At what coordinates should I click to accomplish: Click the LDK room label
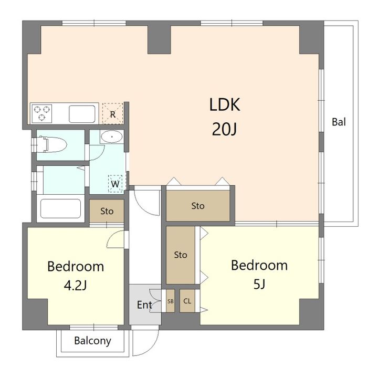pyautogui.click(x=225, y=104)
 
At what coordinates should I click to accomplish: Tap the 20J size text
pyautogui.click(x=225, y=129)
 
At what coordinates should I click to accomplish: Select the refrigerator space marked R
pyautogui.click(x=112, y=113)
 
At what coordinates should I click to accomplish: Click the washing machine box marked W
pyautogui.click(x=115, y=184)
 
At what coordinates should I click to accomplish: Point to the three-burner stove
pyautogui.click(x=42, y=113)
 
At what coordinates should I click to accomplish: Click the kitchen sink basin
pyautogui.click(x=82, y=114)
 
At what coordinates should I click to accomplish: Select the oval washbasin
pyautogui.click(x=112, y=137)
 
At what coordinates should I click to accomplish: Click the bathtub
pyautogui.click(x=60, y=208)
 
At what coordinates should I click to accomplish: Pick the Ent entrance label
pyautogui.click(x=144, y=305)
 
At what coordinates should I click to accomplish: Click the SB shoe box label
pyautogui.click(x=171, y=301)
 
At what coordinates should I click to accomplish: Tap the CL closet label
pyautogui.click(x=187, y=301)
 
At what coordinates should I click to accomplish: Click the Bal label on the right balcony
pyautogui.click(x=339, y=122)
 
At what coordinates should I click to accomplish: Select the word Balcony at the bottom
pyautogui.click(x=92, y=341)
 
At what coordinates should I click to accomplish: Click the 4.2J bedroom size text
pyautogui.click(x=75, y=286)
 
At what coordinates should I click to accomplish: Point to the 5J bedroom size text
pyautogui.click(x=259, y=284)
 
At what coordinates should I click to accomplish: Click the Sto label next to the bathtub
pyautogui.click(x=107, y=212)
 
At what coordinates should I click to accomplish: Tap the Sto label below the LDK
pyautogui.click(x=198, y=206)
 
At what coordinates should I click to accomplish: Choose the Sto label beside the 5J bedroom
pyautogui.click(x=181, y=255)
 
